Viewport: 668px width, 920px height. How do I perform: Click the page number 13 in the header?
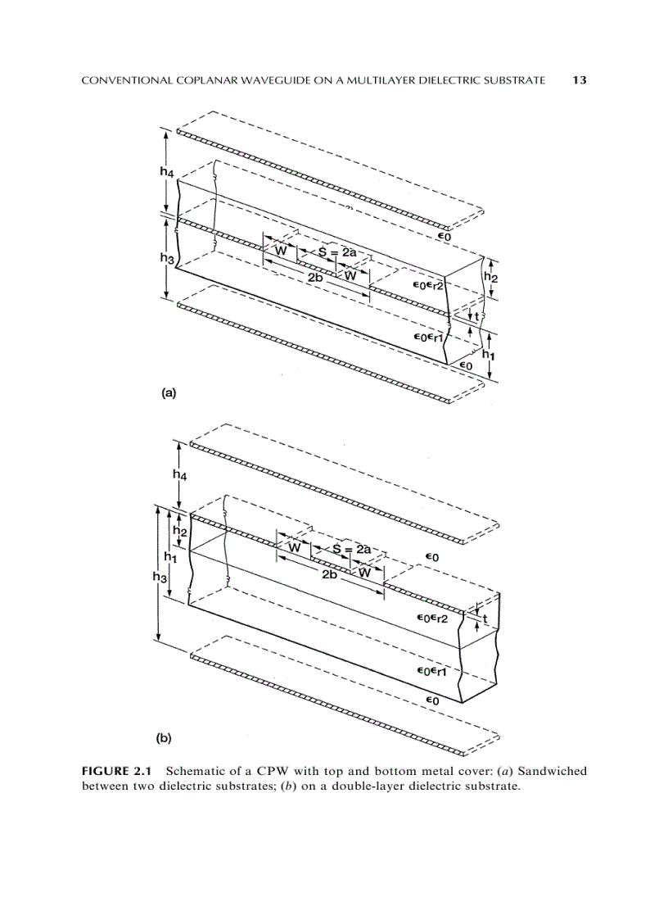pyautogui.click(x=580, y=80)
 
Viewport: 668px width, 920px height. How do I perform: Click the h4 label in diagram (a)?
pyautogui.click(x=167, y=172)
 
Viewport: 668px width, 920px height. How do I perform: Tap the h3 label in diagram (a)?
pyautogui.click(x=166, y=258)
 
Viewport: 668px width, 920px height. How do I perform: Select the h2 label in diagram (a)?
pyautogui.click(x=490, y=278)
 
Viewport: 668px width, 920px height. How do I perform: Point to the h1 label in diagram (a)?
pyautogui.click(x=489, y=354)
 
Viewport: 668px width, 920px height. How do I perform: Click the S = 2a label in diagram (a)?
pyautogui.click(x=337, y=252)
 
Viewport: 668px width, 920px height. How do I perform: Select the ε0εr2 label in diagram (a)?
pyautogui.click(x=428, y=286)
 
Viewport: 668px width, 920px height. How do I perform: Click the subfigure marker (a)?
pyautogui.click(x=167, y=392)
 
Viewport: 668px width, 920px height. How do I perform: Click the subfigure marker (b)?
pyautogui.click(x=165, y=737)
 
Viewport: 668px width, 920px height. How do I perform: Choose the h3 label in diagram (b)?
pyautogui.click(x=160, y=577)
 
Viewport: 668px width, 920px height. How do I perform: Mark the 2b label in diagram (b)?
pyautogui.click(x=330, y=575)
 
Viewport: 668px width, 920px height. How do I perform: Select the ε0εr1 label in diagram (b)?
pyautogui.click(x=431, y=672)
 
